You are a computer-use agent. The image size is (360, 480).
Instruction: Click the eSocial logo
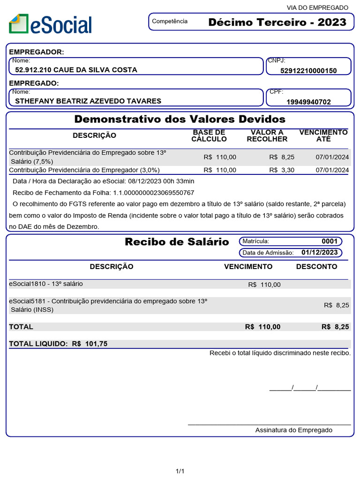click(x=50, y=24)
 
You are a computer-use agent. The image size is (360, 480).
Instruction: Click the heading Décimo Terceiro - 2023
click(x=277, y=22)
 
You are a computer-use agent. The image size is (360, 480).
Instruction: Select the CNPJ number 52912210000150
click(x=308, y=70)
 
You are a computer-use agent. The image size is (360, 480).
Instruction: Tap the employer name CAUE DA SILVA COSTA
click(x=76, y=70)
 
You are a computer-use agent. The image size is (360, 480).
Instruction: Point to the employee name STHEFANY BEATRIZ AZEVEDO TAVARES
click(x=88, y=101)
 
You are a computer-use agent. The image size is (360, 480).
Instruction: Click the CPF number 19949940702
click(x=308, y=102)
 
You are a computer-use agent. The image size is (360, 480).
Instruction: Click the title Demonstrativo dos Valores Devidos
click(x=180, y=119)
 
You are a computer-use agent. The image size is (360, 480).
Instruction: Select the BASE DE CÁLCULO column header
click(x=209, y=135)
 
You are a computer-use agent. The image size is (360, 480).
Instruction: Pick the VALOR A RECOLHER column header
click(x=267, y=135)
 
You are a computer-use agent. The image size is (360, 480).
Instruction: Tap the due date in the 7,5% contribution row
click(x=332, y=157)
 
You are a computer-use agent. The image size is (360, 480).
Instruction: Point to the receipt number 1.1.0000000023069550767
click(x=153, y=193)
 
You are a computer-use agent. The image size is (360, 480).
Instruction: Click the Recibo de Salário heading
click(x=177, y=242)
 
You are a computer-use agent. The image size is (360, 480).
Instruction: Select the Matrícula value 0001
click(x=329, y=241)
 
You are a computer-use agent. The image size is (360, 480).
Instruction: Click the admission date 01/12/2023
click(x=319, y=252)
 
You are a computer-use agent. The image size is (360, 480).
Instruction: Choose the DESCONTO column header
click(x=316, y=266)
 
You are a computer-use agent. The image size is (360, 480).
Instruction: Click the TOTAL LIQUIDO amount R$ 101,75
click(x=90, y=344)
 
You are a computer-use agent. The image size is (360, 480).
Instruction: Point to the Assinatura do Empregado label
click(x=293, y=430)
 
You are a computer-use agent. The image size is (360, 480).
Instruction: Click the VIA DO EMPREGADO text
click(x=317, y=7)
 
